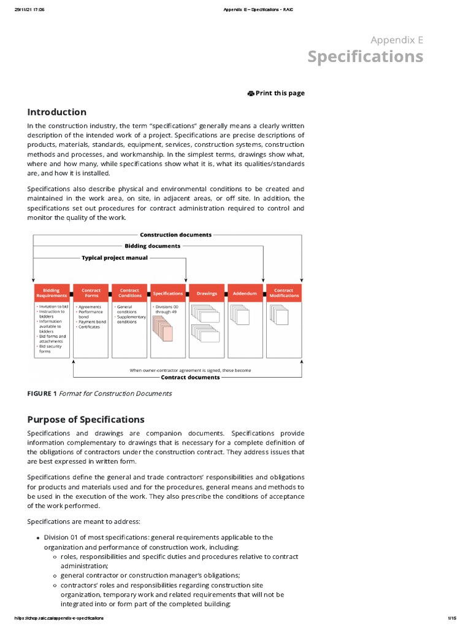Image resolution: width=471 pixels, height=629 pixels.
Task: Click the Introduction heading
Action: (x=56, y=112)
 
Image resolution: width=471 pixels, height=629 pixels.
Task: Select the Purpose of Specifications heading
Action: (x=86, y=420)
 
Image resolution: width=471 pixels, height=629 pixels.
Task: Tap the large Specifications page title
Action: (x=365, y=57)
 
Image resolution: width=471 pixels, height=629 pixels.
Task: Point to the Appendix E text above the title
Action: (x=397, y=40)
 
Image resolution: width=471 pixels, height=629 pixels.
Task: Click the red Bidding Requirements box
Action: (x=52, y=293)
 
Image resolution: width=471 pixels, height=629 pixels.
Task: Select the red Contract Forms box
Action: (x=91, y=293)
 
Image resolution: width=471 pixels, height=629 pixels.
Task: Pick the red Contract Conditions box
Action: (x=129, y=293)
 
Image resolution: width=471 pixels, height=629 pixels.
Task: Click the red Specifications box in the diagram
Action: (x=168, y=293)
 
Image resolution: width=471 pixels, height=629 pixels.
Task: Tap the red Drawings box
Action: (x=207, y=293)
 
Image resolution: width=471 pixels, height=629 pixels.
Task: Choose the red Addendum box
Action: (x=245, y=293)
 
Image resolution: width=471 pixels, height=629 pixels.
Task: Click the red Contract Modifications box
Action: (x=283, y=293)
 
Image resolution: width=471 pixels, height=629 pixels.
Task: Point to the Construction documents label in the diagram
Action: (x=175, y=235)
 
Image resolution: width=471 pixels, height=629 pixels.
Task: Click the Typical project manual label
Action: (x=115, y=257)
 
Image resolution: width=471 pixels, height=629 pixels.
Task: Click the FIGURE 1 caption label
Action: (x=42, y=394)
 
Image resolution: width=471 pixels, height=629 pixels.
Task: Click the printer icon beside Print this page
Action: (x=251, y=93)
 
